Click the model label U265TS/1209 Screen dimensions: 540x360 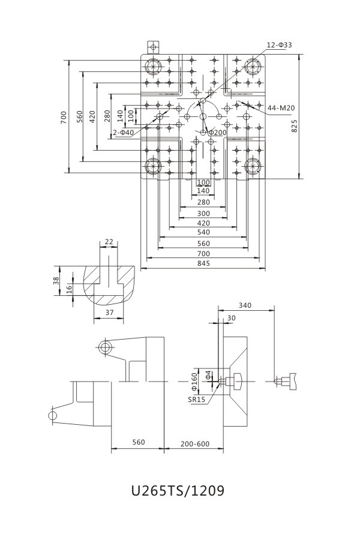tap(178, 491)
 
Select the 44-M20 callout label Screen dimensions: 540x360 tap(281, 108)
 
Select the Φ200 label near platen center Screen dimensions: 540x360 tap(217, 132)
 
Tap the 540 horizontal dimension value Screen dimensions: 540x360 tap(203, 232)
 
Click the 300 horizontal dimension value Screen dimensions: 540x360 tap(203, 214)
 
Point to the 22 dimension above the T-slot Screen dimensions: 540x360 tap(109, 242)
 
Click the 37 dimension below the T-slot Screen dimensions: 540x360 tap(109, 313)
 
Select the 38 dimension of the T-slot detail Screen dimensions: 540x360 tap(56, 281)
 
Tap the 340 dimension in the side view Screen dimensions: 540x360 tap(244, 305)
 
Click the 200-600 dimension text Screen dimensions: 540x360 tap(194, 444)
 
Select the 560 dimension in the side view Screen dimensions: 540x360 tap(138, 443)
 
